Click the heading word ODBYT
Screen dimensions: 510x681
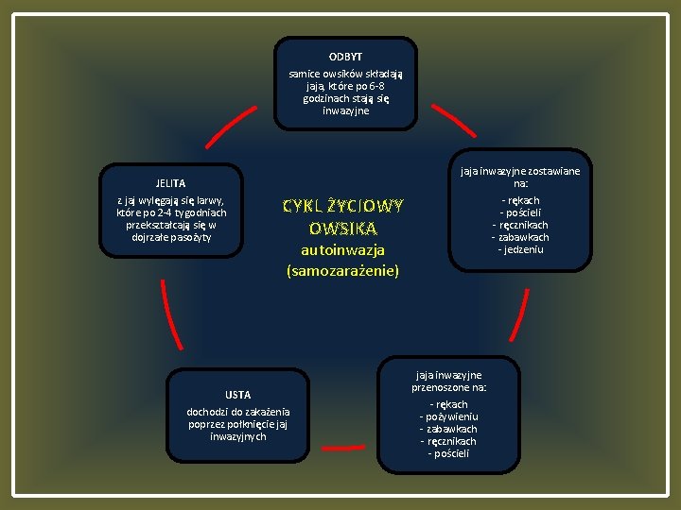pos(344,57)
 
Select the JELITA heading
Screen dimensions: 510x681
pos(170,183)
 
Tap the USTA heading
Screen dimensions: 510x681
pos(238,394)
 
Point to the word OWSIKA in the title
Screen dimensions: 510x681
pos(343,229)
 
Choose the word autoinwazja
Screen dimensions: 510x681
pos(342,251)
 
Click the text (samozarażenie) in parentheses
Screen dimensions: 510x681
pos(342,271)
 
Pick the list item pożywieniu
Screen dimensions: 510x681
pos(449,416)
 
